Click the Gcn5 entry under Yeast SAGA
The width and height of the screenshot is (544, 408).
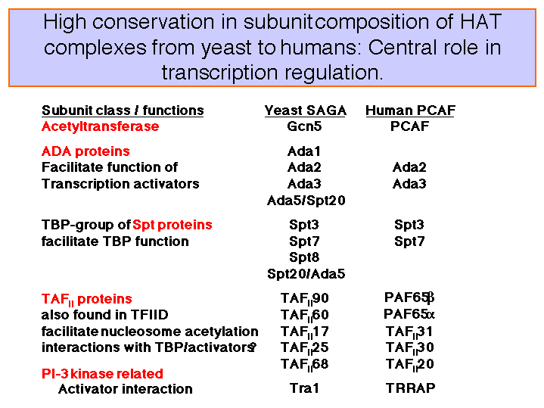tap(304, 126)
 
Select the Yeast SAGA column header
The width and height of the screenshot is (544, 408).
tap(306, 111)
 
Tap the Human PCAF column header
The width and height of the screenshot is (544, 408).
tap(410, 111)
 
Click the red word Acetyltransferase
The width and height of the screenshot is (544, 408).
tap(101, 126)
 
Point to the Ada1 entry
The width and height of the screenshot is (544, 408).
tap(304, 151)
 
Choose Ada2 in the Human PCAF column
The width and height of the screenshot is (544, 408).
tap(409, 167)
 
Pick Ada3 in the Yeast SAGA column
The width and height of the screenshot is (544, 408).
tap(304, 184)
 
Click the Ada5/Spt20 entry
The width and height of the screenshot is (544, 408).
tap(306, 201)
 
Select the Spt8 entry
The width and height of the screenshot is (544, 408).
tap(304, 257)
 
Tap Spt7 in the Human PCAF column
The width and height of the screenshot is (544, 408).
tap(409, 241)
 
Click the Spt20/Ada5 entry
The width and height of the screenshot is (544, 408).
tap(306, 274)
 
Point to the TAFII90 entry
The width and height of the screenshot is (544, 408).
tap(304, 299)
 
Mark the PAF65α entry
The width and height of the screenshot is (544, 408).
tap(409, 314)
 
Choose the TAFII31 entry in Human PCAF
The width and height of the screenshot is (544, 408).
tap(409, 332)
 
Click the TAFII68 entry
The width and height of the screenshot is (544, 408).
tap(304, 365)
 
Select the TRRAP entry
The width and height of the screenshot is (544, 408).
tap(410, 388)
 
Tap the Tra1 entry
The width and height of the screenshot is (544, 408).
tap(304, 388)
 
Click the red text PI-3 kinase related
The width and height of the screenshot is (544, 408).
tap(102, 374)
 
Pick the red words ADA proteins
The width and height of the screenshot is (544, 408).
tap(85, 151)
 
